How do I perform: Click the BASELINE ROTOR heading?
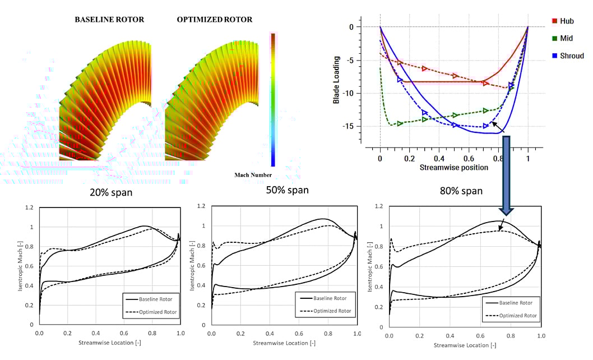click(109, 20)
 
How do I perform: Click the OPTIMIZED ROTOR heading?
click(215, 20)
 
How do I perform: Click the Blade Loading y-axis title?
click(336, 81)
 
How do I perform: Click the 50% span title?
click(287, 190)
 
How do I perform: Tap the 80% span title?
click(461, 191)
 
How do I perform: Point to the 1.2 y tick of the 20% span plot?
click(30, 208)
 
